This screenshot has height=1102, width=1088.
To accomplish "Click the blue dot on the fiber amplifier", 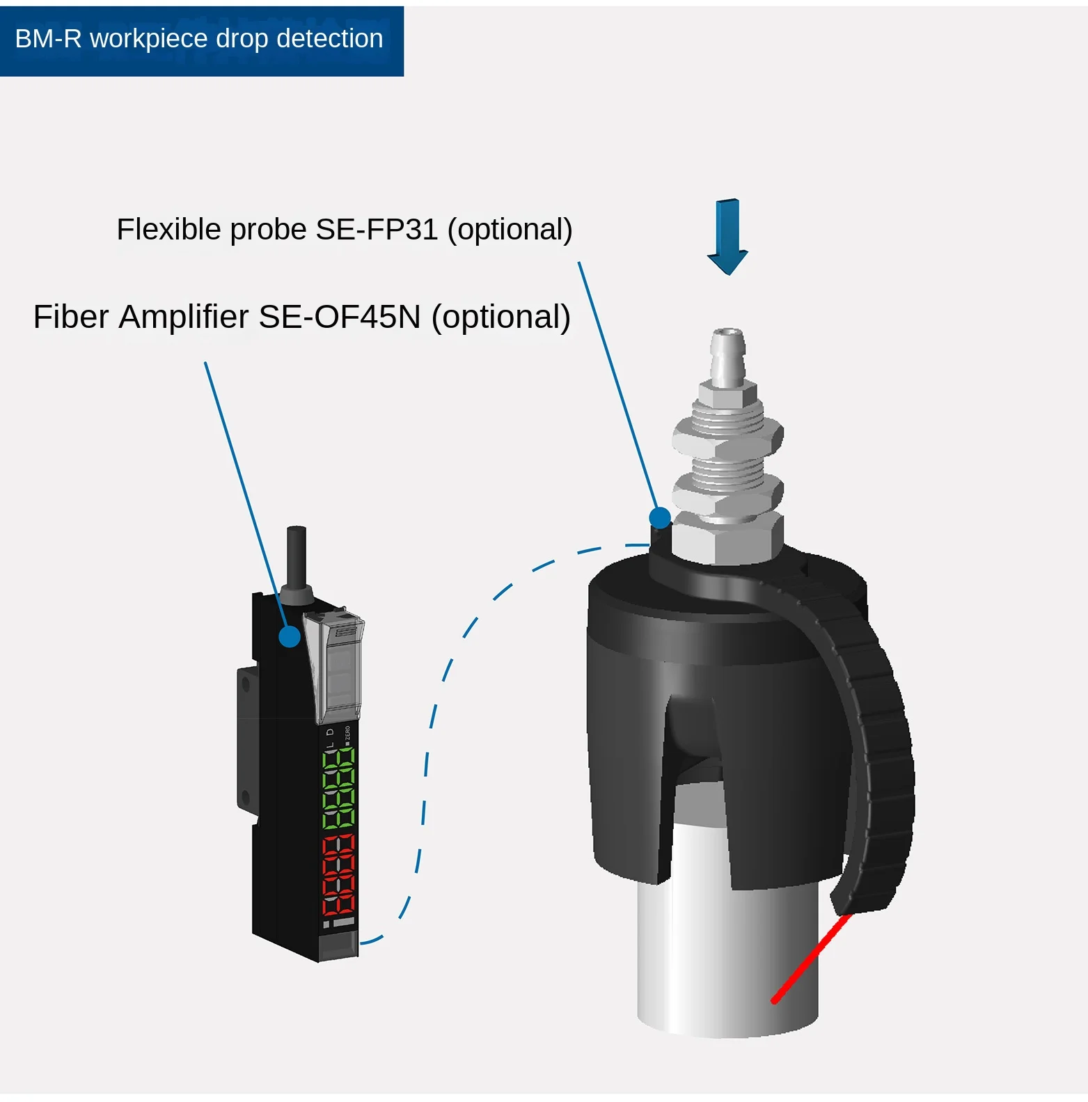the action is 290,636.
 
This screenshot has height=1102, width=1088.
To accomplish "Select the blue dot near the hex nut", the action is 659,517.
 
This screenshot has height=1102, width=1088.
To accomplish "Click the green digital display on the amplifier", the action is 338,787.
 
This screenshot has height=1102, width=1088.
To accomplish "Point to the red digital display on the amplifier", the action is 339,875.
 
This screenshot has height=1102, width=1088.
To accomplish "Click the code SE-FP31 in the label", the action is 377,230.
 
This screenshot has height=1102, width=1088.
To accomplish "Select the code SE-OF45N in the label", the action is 340,317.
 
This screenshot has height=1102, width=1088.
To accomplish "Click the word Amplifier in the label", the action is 184,317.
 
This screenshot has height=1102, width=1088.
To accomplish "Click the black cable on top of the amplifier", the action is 297,557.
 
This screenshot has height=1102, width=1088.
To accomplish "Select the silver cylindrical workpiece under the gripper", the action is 727,961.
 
